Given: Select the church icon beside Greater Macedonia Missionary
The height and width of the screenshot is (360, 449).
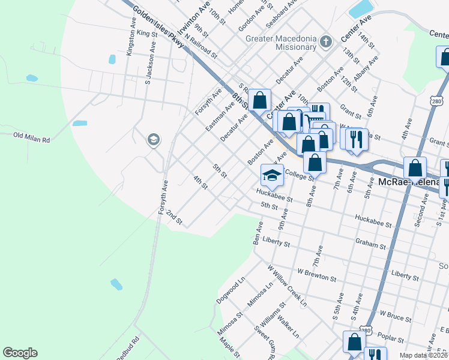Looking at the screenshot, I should (x=325, y=42).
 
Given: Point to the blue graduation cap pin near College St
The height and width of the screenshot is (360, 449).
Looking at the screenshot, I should (x=272, y=175).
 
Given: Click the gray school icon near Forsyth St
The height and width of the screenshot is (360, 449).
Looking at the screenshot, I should (x=154, y=140).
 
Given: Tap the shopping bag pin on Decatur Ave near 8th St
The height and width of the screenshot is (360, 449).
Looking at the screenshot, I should (x=260, y=100).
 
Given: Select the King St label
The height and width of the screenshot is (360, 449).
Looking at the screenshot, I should (x=146, y=33).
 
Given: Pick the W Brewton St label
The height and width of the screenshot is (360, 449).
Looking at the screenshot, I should (x=316, y=277).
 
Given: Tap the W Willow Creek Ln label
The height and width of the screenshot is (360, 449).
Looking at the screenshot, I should (x=287, y=286).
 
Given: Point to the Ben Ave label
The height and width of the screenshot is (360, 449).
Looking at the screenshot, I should (x=258, y=233).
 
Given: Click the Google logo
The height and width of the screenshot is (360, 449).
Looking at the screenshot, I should (x=20, y=353).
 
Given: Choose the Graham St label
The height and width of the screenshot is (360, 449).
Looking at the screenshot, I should (x=370, y=244).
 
